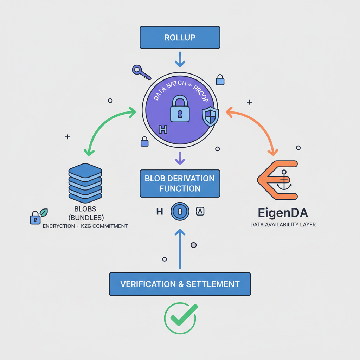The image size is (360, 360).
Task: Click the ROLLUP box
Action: (x=180, y=37)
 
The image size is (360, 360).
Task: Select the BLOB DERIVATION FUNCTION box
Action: (x=180, y=183)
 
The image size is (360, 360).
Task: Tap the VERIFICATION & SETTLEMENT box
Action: (x=180, y=284)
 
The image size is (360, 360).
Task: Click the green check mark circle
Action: (x=180, y=318)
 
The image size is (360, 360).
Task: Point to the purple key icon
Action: (x=141, y=72)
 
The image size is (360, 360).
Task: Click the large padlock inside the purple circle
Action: (x=180, y=109)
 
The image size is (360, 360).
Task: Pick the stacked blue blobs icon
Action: (x=85, y=182)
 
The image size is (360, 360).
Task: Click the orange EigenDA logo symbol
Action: (x=278, y=180)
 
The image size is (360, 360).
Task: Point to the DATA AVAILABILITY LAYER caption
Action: (x=283, y=224)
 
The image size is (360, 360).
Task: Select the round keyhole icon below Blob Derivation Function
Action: (x=180, y=211)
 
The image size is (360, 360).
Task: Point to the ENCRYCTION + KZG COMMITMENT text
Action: (x=85, y=226)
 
